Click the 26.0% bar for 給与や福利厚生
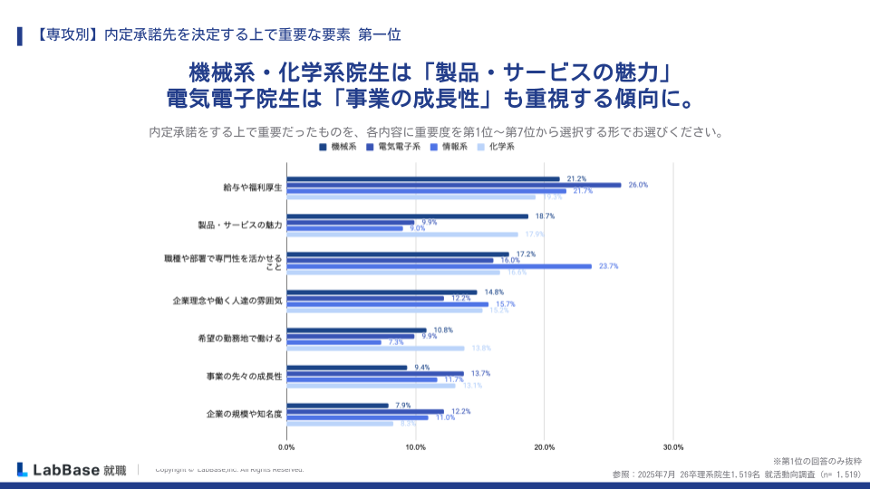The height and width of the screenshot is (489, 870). coord(453,185)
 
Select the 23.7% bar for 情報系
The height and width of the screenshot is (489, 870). coord(439,266)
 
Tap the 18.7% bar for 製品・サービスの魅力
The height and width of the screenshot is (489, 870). coord(407,216)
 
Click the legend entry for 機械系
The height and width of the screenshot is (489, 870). coord(339,146)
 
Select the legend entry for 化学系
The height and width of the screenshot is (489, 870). coord(496,146)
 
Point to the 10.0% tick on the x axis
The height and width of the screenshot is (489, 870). coord(415,447)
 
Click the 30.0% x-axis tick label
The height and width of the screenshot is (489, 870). coord(673,447)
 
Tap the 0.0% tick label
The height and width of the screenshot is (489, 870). coord(286,447)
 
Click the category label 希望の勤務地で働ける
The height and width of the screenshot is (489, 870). coord(240,338)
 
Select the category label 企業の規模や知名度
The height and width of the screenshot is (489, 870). coord(240,414)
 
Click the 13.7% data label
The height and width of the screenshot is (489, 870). coord(480,373)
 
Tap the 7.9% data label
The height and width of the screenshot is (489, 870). coord(404,405)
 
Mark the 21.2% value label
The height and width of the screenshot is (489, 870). coord(576,178)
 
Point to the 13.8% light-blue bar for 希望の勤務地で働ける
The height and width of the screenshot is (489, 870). coord(375,349)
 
